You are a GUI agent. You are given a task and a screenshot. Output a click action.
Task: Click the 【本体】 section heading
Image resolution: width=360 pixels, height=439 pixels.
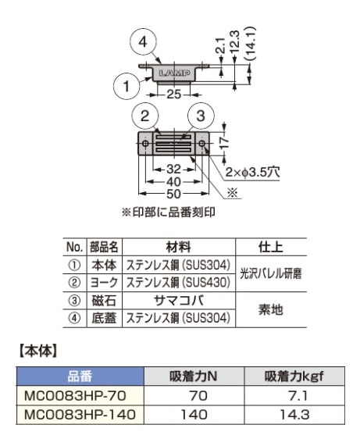36,351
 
